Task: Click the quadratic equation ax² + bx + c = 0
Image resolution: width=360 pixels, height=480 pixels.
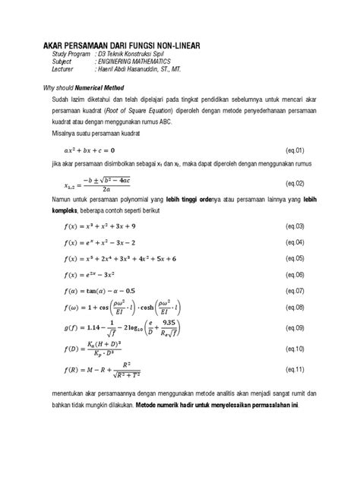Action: pyautogui.click(x=93, y=150)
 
